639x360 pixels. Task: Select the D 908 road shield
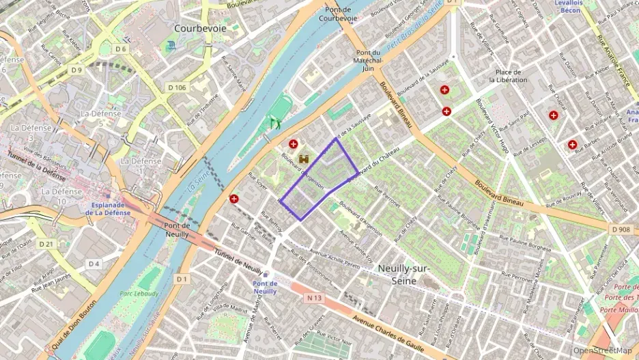(x=620, y=230)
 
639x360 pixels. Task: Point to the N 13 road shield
(x=315, y=298)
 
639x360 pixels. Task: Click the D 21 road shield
(x=46, y=244)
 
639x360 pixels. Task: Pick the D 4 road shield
(x=94, y=264)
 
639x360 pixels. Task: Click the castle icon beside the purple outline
(x=304, y=158)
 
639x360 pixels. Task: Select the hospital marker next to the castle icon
(x=294, y=144)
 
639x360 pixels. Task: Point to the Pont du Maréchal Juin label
(x=368, y=60)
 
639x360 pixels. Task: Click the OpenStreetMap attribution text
(x=603, y=350)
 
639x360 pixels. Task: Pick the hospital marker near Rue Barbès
(x=572, y=145)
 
